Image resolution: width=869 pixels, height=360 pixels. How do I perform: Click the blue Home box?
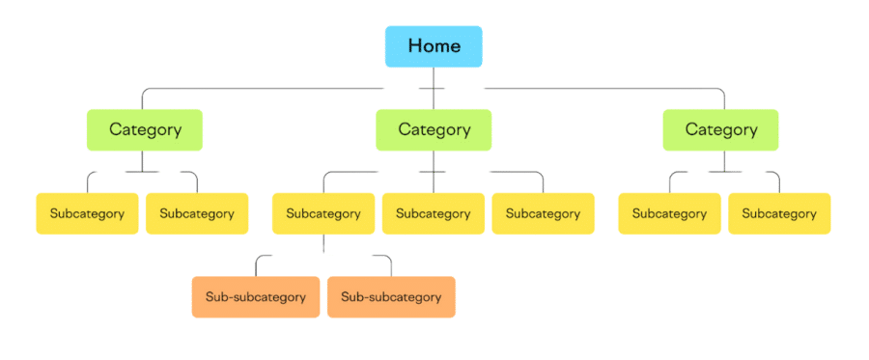tap(434, 46)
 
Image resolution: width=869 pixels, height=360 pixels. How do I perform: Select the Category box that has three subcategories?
tap(434, 129)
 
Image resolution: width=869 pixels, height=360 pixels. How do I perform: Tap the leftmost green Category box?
tap(145, 129)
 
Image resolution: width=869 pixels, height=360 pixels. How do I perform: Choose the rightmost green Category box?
tap(720, 129)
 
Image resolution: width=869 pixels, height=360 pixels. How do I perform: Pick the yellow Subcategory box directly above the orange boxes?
tap(322, 213)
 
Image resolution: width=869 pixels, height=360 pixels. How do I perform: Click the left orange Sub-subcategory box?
tap(256, 296)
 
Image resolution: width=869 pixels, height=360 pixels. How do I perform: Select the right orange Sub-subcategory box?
tap(391, 296)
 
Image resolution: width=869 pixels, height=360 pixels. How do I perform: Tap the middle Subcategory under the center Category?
tap(433, 213)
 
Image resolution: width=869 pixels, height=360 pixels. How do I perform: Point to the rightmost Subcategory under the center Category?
tap(543, 213)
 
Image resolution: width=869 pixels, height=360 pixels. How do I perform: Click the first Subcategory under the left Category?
tap(87, 213)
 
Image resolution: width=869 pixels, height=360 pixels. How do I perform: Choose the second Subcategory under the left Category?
tap(197, 213)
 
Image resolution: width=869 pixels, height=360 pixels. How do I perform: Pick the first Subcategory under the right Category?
tap(669, 213)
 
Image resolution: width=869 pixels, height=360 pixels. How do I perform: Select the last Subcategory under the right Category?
tap(779, 213)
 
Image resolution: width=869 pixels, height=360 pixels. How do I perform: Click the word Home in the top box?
tap(434, 45)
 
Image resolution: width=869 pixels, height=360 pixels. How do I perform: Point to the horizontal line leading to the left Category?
tap(261, 89)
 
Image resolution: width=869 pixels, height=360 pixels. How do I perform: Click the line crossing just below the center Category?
tap(433, 173)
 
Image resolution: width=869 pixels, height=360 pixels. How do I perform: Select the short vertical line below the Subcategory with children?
tap(323, 244)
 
